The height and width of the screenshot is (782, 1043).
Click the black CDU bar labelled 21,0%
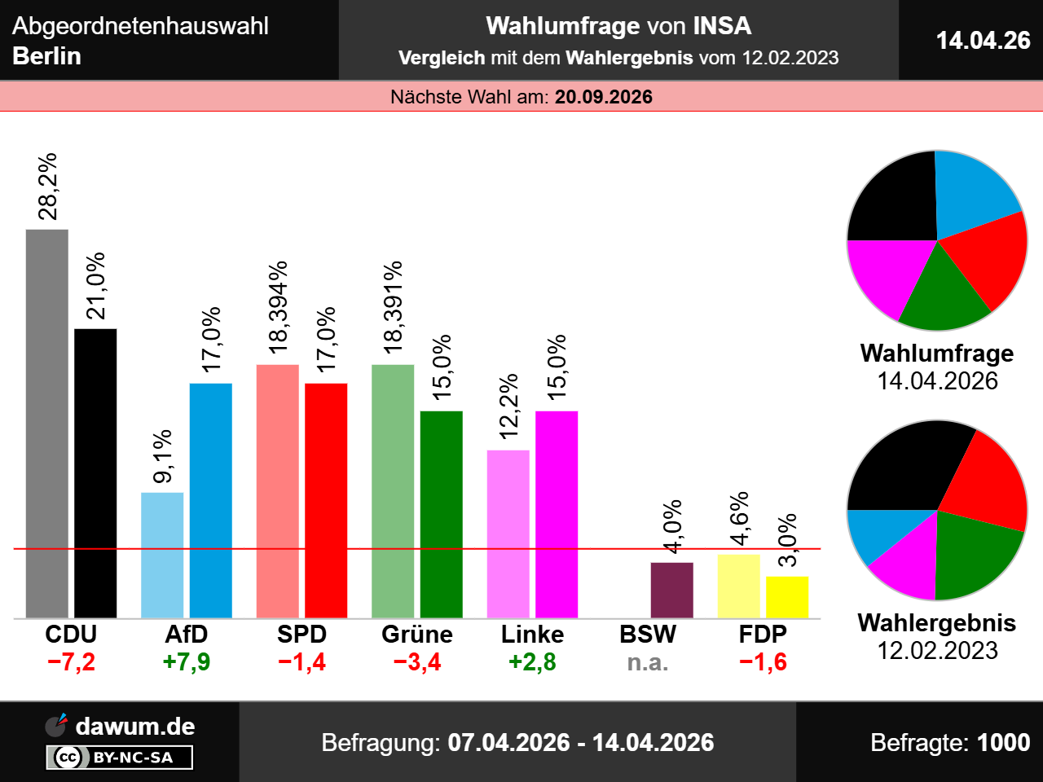[95, 472]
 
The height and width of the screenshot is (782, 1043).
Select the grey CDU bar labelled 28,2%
[47, 424]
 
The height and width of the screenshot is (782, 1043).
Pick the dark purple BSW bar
[671, 590]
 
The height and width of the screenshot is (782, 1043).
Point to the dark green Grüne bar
[441, 514]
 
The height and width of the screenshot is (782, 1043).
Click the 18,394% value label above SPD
[279, 306]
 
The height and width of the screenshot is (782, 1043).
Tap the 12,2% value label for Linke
[508, 406]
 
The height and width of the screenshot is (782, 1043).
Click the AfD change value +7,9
[187, 661]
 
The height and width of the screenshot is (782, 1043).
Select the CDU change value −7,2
[72, 661]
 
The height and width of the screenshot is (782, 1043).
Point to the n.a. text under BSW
[648, 662]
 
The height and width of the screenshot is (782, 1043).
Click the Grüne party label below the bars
[417, 634]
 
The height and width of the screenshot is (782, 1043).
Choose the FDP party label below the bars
[763, 634]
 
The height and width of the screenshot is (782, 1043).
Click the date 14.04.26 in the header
[983, 40]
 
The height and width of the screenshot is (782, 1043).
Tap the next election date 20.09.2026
[604, 97]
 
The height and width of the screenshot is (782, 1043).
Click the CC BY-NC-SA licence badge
[121, 758]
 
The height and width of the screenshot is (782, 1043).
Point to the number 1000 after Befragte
[1004, 742]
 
